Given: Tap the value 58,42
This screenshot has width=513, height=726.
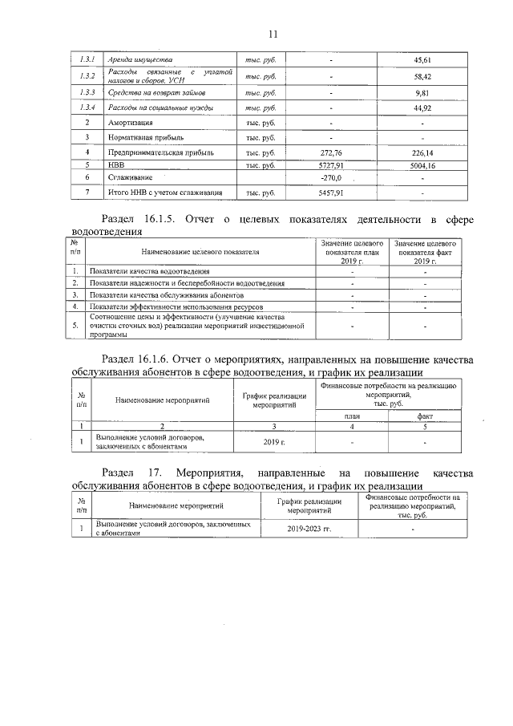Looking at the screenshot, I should click(x=422, y=76).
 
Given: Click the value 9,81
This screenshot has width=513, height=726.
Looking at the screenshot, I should click(x=422, y=92).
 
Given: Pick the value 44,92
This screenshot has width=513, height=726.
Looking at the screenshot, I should click(x=422, y=107).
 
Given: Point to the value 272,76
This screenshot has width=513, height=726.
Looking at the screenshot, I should click(x=330, y=152).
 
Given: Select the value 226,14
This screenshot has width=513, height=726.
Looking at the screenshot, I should click(x=422, y=152).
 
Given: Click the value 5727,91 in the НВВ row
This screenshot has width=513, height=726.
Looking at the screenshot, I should click(x=330, y=164).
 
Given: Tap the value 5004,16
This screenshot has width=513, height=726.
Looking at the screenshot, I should click(x=422, y=164).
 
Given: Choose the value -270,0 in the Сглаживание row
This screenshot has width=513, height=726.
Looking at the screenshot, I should click(x=330, y=177).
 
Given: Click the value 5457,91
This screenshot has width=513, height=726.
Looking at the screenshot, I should click(x=330, y=193).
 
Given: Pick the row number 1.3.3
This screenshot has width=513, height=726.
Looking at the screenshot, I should click(x=87, y=92).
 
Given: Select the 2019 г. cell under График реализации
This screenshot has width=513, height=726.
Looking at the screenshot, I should click(x=274, y=442).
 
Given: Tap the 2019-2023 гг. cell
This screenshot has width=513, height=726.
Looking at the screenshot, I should click(x=309, y=529).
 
